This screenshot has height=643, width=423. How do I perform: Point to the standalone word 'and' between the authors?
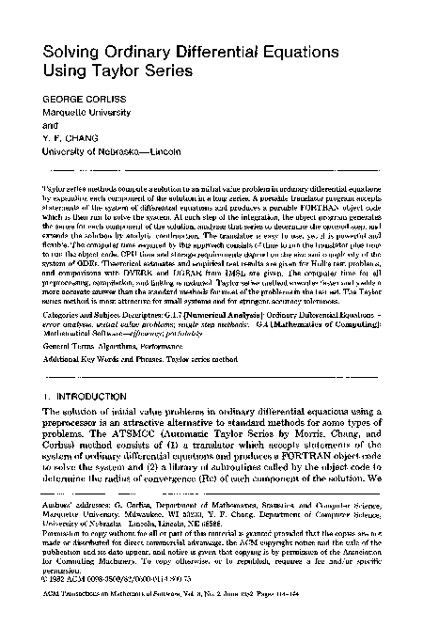coord(40,120)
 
